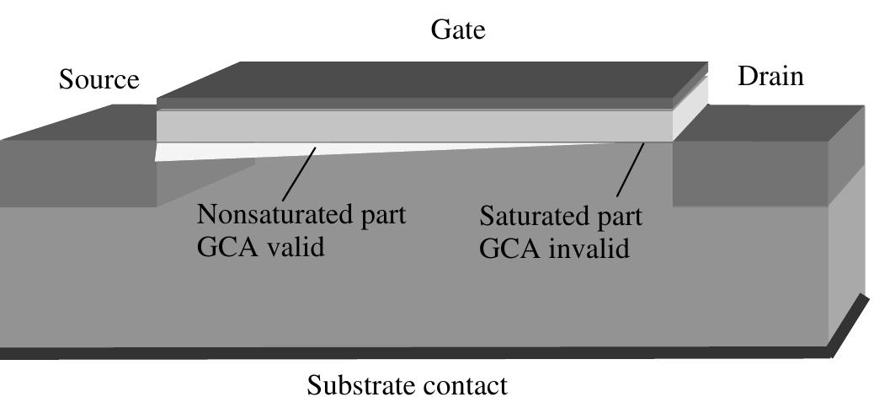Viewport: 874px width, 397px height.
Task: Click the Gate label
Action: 458,30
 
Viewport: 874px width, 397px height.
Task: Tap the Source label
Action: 99,80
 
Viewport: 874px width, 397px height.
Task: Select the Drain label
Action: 770,77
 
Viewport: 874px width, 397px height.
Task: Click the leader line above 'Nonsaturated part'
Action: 300,174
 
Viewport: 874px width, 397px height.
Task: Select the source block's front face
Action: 76,173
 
